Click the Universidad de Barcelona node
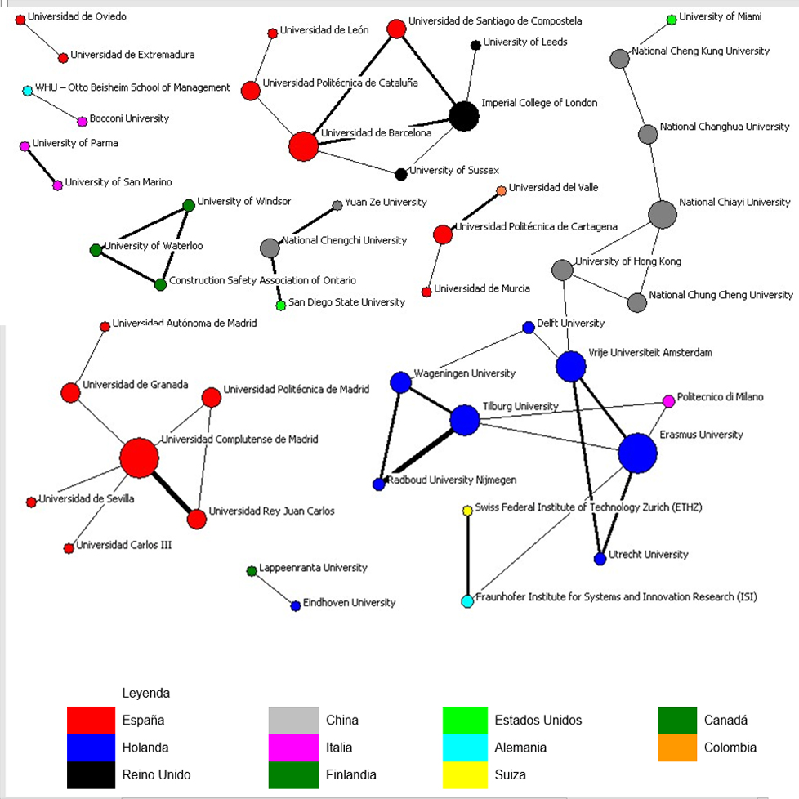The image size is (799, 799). [x=303, y=146]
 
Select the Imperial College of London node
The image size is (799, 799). [x=464, y=116]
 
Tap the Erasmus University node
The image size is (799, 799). [x=637, y=453]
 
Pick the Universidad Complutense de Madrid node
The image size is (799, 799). [x=139, y=458]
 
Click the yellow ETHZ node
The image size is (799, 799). [x=467, y=511]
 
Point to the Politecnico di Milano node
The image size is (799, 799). [x=668, y=401]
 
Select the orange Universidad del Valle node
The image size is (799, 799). [x=501, y=190]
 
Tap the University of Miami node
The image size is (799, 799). [x=672, y=20]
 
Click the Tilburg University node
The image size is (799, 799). [x=465, y=420]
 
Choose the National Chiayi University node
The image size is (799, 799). [x=663, y=214]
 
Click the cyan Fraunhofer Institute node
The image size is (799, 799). [x=467, y=601]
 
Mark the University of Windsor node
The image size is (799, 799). [x=189, y=205]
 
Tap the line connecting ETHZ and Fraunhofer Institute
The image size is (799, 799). [x=468, y=556]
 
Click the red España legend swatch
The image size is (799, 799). [x=92, y=721]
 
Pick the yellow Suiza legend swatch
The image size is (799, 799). [x=465, y=775]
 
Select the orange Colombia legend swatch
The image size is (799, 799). [x=677, y=748]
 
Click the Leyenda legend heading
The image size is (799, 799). [x=145, y=693]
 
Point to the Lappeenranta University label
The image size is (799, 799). [x=313, y=568]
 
